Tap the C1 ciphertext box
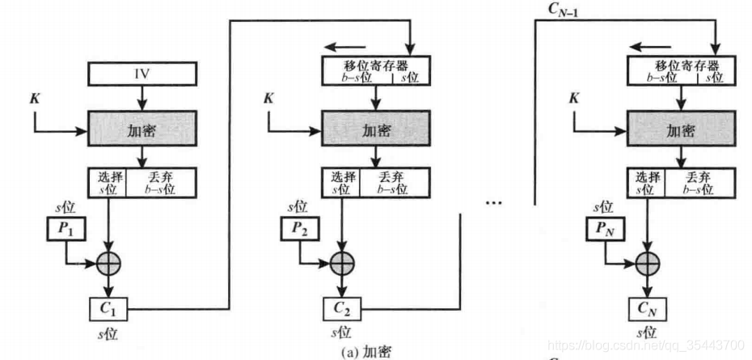click(108, 307)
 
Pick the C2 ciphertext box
click(341, 307)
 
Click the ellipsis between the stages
click(494, 205)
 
